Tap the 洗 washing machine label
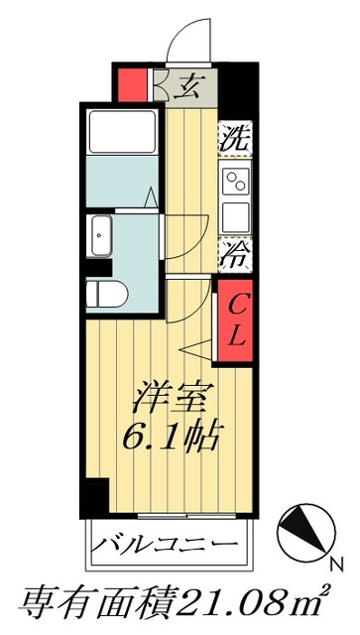(x=234, y=136)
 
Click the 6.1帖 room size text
(x=175, y=436)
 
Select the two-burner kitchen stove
(x=237, y=181)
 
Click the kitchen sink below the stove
(x=236, y=216)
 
